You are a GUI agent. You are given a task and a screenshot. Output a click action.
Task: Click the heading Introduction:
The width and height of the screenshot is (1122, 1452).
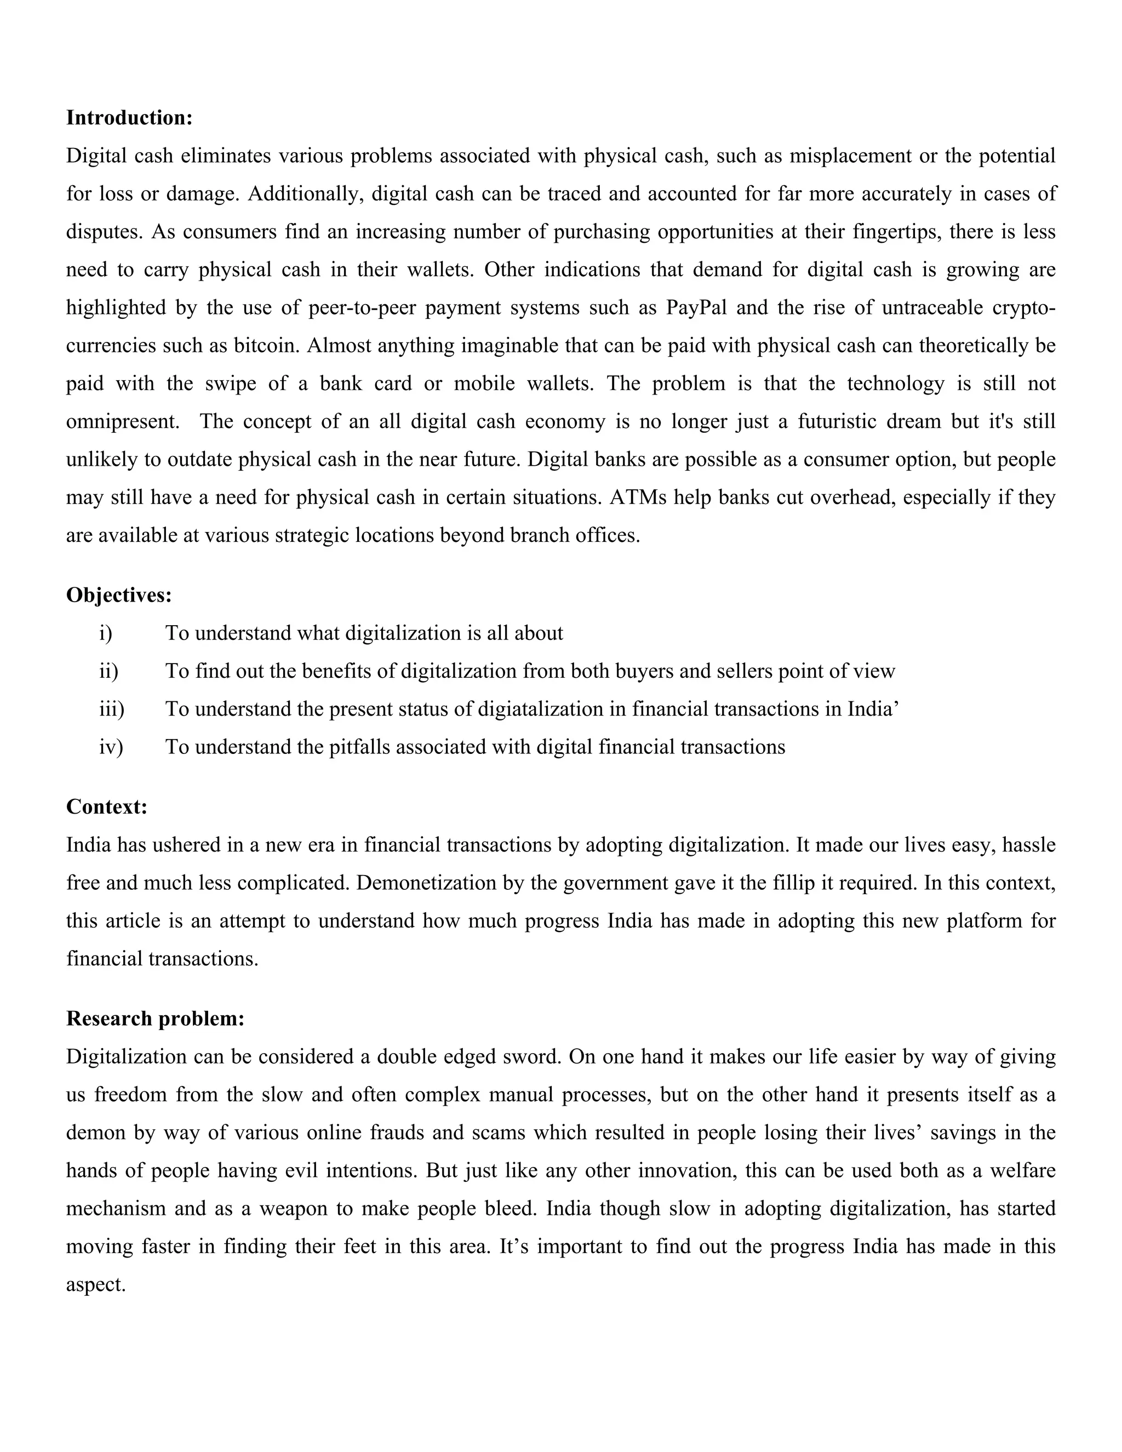[129, 118]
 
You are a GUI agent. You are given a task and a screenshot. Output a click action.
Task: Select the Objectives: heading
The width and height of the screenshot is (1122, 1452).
[119, 595]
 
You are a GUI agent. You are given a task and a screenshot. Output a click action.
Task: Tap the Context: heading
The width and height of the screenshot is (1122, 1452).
[106, 807]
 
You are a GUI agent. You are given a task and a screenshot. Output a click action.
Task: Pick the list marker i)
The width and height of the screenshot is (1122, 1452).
[106, 633]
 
